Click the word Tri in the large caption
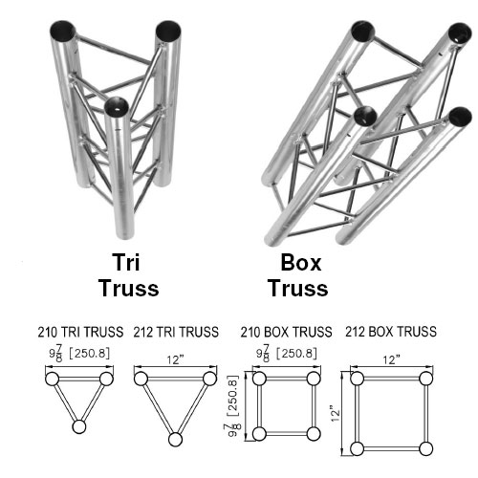point(126,262)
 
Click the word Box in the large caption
point(301,263)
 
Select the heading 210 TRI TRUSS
point(80,332)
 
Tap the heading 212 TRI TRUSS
point(176,332)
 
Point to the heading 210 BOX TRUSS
point(286,332)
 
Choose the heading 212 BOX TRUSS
point(391,332)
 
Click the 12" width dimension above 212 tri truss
point(176,359)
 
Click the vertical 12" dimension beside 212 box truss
point(336,413)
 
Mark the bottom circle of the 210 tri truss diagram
point(79,426)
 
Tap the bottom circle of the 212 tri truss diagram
point(175,440)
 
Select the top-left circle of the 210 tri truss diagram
point(53,379)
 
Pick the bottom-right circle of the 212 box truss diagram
point(425,448)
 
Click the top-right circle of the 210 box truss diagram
point(314,379)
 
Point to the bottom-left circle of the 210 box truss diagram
point(259,434)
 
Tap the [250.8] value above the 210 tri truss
point(90,353)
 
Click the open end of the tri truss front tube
point(117,107)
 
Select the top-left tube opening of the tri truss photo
point(63,30)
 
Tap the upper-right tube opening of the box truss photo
point(460,33)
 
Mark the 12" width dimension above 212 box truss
point(391,359)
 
